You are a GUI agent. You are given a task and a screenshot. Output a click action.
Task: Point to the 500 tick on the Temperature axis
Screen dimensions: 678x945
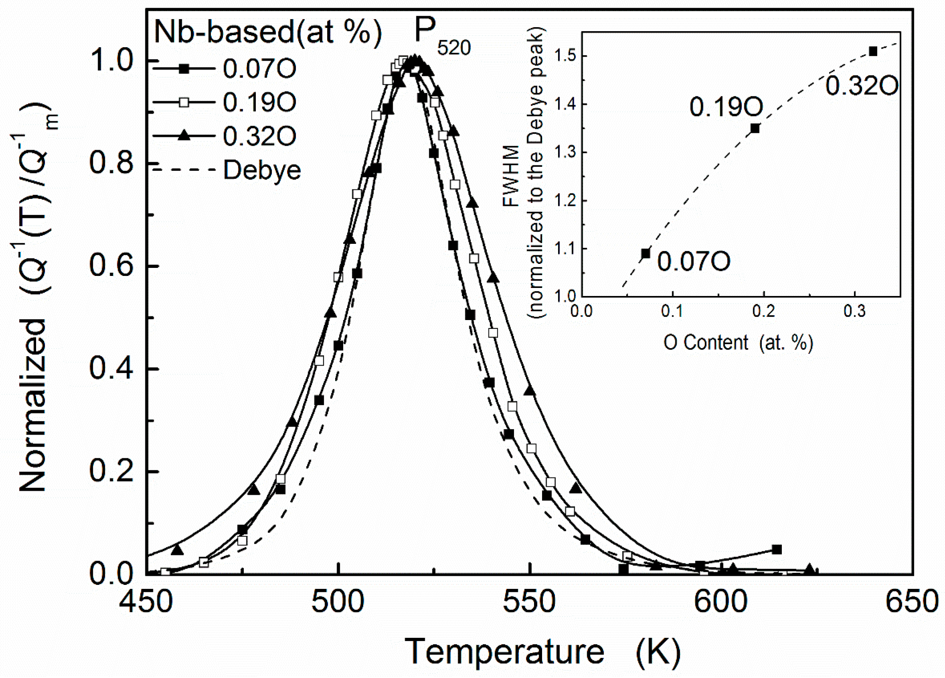click(339, 601)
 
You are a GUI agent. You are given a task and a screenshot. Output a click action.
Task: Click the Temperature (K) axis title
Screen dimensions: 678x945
click(542, 651)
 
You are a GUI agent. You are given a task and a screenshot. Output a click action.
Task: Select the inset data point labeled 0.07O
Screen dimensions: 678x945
click(645, 254)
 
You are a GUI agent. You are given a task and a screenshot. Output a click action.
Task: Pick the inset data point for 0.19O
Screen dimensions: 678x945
click(755, 128)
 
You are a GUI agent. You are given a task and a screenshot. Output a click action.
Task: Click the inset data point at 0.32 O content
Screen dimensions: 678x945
click(873, 51)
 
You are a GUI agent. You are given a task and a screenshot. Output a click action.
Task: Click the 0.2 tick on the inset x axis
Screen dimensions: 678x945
click(764, 311)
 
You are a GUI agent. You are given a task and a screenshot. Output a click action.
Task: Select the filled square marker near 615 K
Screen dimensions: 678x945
click(777, 550)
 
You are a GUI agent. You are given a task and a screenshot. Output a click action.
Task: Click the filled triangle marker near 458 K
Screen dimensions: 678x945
click(177, 550)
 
